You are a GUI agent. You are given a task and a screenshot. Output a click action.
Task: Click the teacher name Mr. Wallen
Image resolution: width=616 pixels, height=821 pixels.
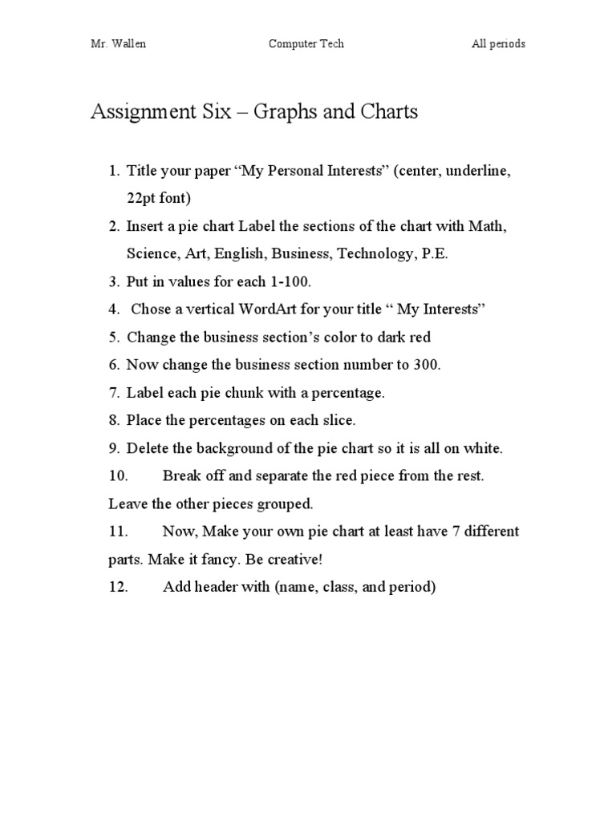tap(118, 44)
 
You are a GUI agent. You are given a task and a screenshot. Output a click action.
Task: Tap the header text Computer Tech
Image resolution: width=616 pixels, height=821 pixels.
tap(306, 44)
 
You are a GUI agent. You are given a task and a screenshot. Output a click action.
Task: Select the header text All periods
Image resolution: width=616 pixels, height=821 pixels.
tap(498, 44)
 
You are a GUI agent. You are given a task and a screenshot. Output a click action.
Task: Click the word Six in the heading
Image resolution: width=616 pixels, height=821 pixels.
tap(214, 111)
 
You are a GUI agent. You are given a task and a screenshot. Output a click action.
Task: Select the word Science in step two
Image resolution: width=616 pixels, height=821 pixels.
tap(152, 253)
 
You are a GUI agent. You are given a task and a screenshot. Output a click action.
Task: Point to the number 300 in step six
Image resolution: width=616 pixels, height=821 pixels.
tap(427, 365)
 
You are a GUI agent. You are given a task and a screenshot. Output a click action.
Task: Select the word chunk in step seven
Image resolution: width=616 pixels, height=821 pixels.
tap(214, 393)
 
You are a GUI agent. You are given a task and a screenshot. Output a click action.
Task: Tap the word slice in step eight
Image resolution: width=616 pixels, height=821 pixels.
tap(337, 420)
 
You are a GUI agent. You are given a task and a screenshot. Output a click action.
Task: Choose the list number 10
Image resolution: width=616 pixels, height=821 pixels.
tap(118, 475)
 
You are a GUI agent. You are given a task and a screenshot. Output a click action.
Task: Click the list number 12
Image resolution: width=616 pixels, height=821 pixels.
tap(118, 587)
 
